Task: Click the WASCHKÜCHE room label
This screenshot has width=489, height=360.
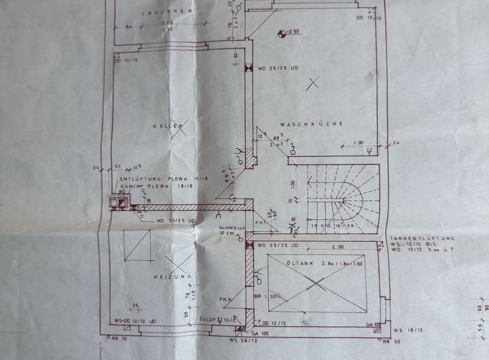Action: click(x=310, y=124)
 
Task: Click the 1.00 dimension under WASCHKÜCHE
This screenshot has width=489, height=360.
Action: click(x=358, y=143)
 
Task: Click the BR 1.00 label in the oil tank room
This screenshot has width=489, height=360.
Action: click(x=261, y=296)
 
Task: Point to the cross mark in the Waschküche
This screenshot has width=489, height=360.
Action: click(x=312, y=84)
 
